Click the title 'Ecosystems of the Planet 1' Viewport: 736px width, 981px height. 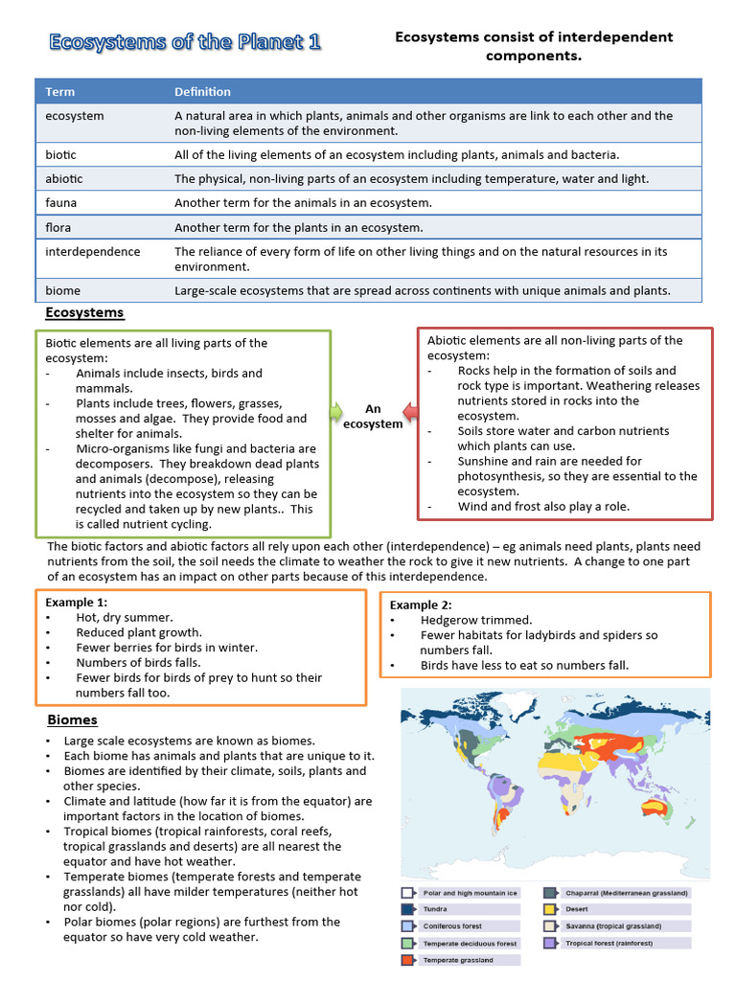pyautogui.click(x=185, y=42)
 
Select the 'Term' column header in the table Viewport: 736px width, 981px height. pyautogui.click(x=59, y=92)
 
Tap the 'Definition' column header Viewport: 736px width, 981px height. pyautogui.click(x=202, y=92)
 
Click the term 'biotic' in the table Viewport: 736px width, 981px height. pyautogui.click(x=60, y=154)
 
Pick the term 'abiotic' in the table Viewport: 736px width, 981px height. pyautogui.click(x=64, y=178)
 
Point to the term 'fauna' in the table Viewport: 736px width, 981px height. pyautogui.click(x=60, y=203)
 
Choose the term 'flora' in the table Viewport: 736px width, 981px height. pyautogui.click(x=58, y=228)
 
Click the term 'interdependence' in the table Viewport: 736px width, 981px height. pyautogui.click(x=93, y=252)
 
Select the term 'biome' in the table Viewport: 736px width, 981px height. pyautogui.click(x=63, y=290)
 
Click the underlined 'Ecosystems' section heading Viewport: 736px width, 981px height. pyautogui.click(x=84, y=313)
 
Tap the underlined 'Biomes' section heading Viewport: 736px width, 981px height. pyautogui.click(x=72, y=719)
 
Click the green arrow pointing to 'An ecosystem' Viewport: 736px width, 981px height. pyautogui.click(x=336, y=411)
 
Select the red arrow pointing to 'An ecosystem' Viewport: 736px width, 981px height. pyautogui.click(x=409, y=412)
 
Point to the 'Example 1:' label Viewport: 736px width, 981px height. pyautogui.click(x=77, y=602)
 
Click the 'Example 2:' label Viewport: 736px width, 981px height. pyautogui.click(x=420, y=605)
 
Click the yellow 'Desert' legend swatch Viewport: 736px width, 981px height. pyautogui.click(x=550, y=909)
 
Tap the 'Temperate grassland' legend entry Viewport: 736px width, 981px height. pyautogui.click(x=457, y=960)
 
